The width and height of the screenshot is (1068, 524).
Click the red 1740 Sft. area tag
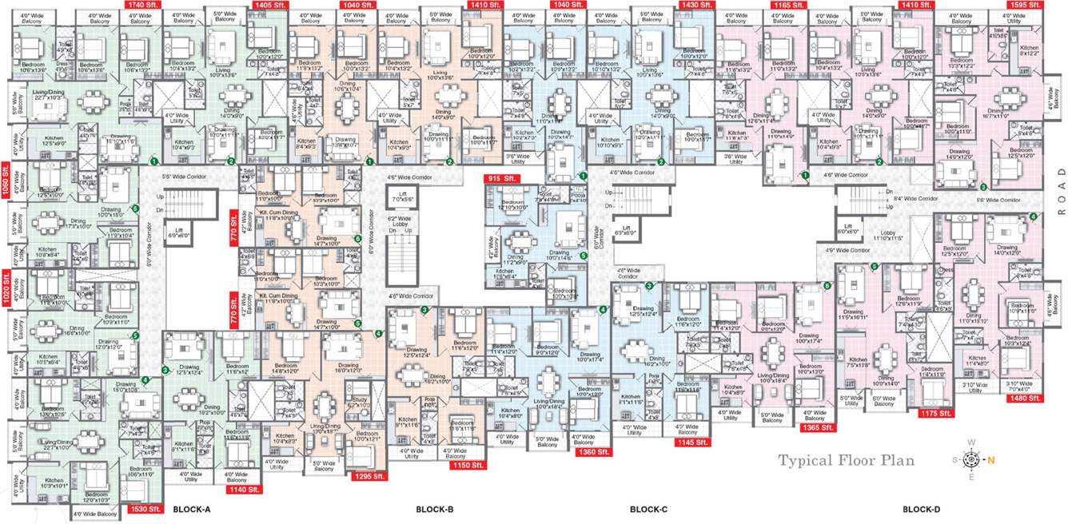pyautogui.click(x=141, y=6)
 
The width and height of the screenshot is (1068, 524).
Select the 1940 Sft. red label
pyautogui.click(x=564, y=6)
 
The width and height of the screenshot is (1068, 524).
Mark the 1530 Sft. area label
pyautogui.click(x=145, y=509)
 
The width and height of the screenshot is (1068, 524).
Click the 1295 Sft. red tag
pyautogui.click(x=369, y=476)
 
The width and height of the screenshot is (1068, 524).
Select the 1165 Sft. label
pyautogui.click(x=787, y=6)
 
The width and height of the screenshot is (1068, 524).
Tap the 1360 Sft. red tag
pyautogui.click(x=592, y=453)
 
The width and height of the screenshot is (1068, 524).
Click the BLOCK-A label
pyautogui.click(x=192, y=509)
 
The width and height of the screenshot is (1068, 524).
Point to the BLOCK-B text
pyautogui.click(x=435, y=509)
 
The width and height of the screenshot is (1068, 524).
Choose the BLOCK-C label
pyautogui.click(x=648, y=509)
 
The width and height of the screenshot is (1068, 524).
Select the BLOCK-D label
pyautogui.click(x=922, y=509)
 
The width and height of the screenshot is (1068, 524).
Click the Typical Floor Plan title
pyautogui.click(x=847, y=460)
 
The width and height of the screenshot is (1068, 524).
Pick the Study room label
pyautogui.click(x=357, y=403)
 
